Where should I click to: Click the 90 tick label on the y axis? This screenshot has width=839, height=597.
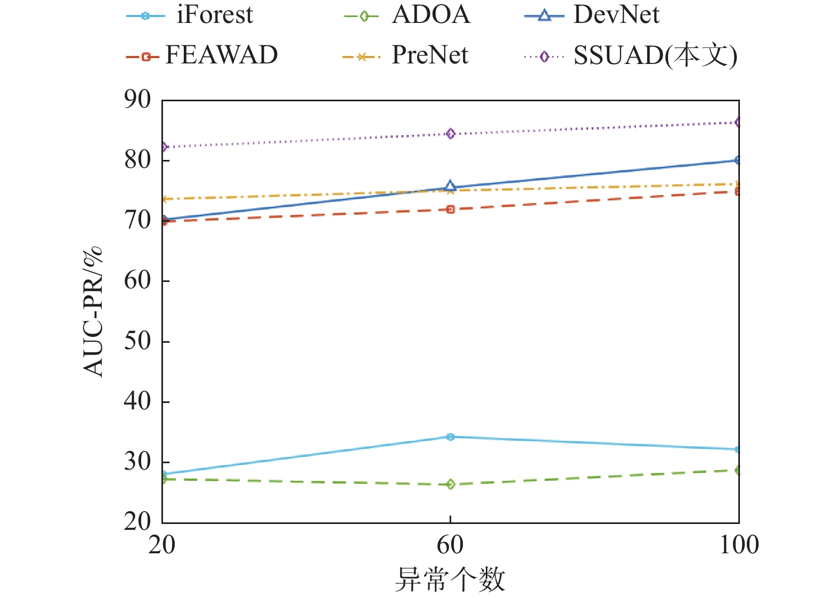click(x=137, y=100)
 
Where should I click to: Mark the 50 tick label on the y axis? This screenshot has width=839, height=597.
click(x=137, y=341)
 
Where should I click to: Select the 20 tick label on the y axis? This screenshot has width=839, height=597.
click(x=137, y=522)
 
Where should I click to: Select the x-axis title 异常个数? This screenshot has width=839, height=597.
click(x=450, y=579)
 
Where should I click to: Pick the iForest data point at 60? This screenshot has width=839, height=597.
click(x=450, y=437)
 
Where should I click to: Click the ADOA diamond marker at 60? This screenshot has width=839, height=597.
click(x=450, y=485)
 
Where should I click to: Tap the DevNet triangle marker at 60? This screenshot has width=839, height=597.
click(x=450, y=186)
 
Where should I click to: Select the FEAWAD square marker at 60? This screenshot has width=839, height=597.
click(x=450, y=209)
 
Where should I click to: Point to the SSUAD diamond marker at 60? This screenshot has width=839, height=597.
click(x=450, y=134)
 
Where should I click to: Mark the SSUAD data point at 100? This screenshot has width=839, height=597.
click(x=738, y=123)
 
